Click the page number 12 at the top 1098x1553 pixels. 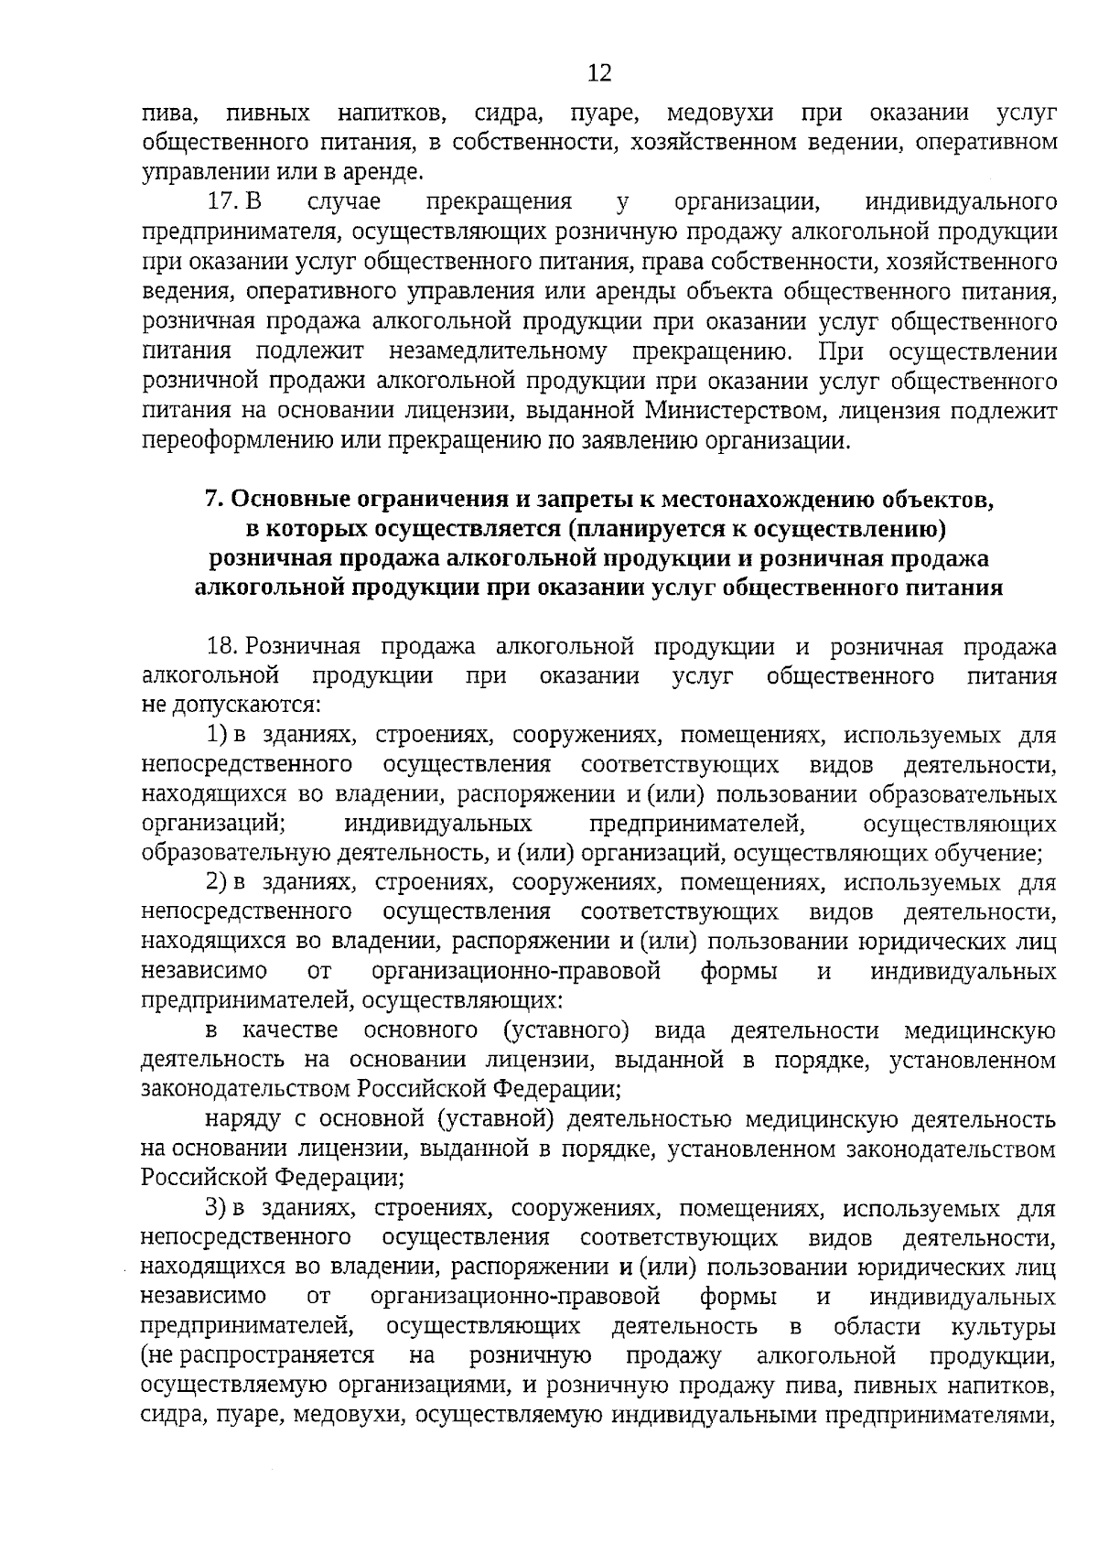[x=599, y=73]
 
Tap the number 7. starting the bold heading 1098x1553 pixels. [x=213, y=499]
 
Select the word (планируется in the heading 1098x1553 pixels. [x=636, y=528]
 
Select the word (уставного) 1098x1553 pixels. [x=566, y=1031]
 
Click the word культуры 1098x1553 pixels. [x=1004, y=1326]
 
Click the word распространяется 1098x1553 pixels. [x=258, y=1355]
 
